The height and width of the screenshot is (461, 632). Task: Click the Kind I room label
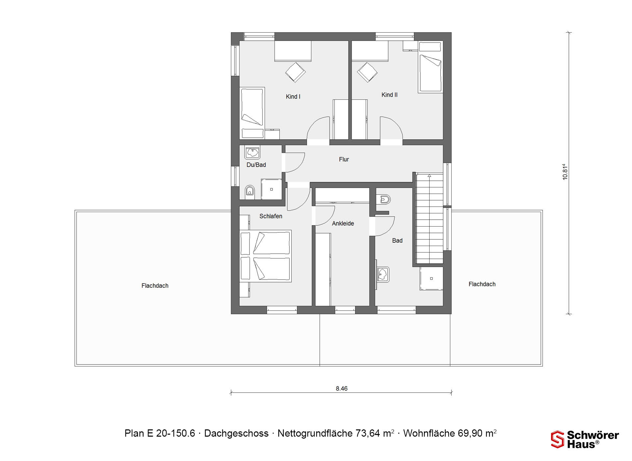[293, 96]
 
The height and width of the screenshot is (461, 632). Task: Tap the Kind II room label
[389, 95]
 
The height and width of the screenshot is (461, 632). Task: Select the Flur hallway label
[344, 159]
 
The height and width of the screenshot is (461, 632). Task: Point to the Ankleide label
[343, 223]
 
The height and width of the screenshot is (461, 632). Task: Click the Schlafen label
[271, 216]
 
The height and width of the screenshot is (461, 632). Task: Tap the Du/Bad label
[256, 165]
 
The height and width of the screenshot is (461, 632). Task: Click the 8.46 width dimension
[342, 389]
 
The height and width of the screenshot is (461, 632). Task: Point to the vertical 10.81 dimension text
[565, 172]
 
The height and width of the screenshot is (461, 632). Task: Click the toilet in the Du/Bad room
[250, 191]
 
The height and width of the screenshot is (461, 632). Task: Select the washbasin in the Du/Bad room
[252, 152]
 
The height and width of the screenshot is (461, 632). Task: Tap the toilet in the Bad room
[383, 200]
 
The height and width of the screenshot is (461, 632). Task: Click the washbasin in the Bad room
[383, 274]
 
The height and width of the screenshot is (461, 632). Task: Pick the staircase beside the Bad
[429, 218]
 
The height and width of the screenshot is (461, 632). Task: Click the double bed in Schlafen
[265, 256]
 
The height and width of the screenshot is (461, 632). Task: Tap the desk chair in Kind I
[295, 72]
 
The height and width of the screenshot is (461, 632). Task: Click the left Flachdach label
[155, 286]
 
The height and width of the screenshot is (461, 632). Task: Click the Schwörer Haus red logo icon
[558, 439]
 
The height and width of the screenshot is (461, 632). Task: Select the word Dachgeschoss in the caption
[236, 433]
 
